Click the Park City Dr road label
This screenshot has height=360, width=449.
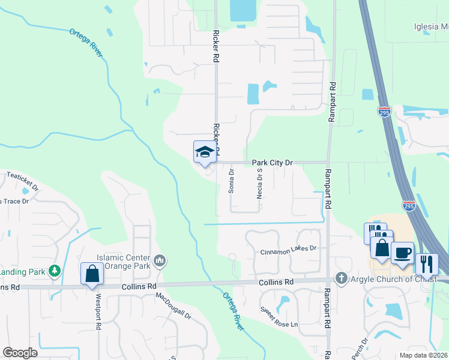coord(272,162)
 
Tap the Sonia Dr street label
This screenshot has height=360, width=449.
coord(231,181)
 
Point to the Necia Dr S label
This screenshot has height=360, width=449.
coord(260,183)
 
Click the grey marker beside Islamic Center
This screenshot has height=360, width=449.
coord(160,260)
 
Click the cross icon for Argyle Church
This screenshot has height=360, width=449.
coord(341,278)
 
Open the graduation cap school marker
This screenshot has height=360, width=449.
coord(205,152)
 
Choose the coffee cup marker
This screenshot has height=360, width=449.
coord(402,252)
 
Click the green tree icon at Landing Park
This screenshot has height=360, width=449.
coord(55,271)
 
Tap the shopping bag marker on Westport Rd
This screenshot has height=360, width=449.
coord(92,274)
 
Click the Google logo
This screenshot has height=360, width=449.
coord(20,353)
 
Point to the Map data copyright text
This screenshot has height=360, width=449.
coord(423,355)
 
